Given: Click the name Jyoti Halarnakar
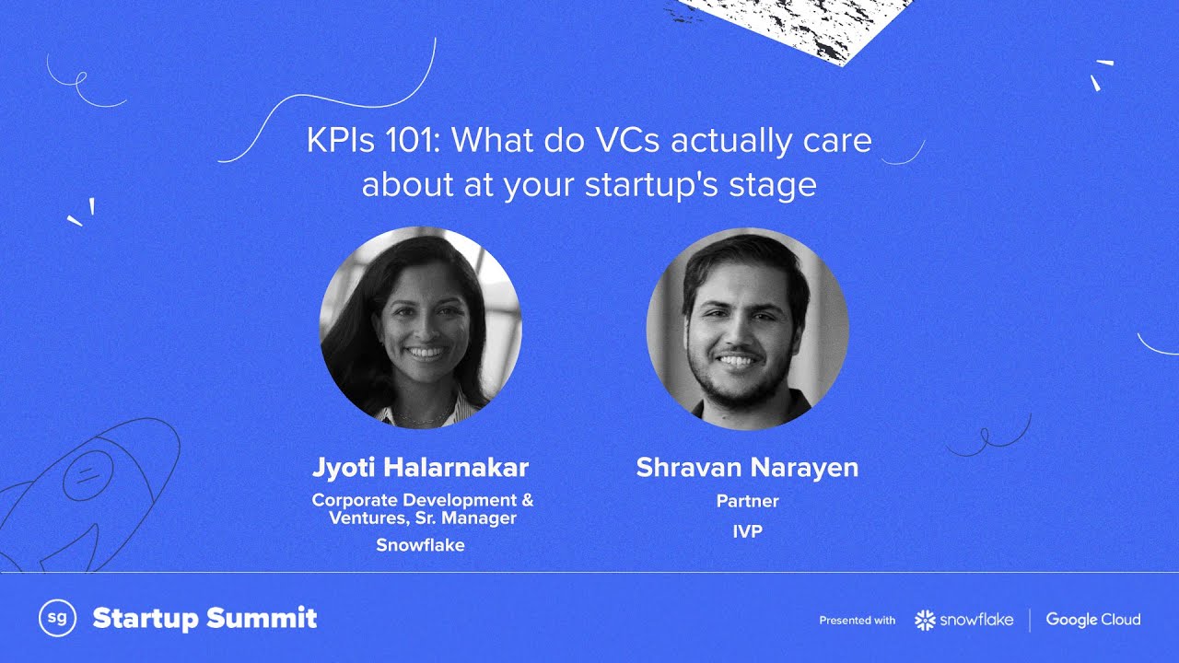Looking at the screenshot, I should [x=420, y=468].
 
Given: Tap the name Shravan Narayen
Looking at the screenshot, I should [x=747, y=468].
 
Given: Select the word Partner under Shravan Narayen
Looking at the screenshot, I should [x=747, y=502].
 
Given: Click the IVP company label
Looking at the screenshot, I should [x=747, y=531].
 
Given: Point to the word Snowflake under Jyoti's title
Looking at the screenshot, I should [x=420, y=545].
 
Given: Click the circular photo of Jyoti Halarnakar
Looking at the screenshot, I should [x=420, y=328].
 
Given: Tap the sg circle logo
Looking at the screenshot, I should [x=56, y=618].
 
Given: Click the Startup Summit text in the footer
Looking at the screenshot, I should [x=204, y=618].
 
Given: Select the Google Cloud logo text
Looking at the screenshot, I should [x=1092, y=620].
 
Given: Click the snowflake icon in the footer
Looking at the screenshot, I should [x=925, y=620].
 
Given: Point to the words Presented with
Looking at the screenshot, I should [x=857, y=621].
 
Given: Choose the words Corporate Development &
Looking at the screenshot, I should [x=422, y=500].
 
